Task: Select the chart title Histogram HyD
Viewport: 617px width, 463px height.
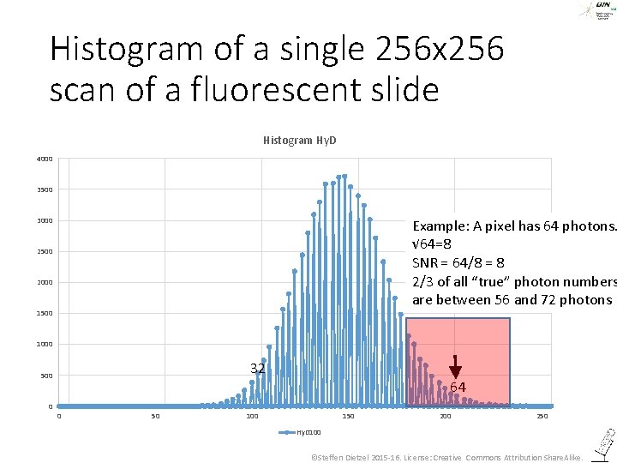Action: pos(299,140)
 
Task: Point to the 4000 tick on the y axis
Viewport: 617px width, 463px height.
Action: pos(45,159)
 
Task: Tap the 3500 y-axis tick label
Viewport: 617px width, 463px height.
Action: pos(45,189)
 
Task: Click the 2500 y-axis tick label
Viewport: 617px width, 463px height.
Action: pos(45,251)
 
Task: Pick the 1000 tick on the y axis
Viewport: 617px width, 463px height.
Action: pos(45,344)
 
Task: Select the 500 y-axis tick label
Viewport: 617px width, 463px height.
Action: pos(46,376)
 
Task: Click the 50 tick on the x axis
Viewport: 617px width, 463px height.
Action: pos(155,416)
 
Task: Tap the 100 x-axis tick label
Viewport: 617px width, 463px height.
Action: pos(252,416)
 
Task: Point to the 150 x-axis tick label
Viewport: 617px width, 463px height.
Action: pos(348,416)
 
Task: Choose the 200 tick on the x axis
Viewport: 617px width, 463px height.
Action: pos(445,416)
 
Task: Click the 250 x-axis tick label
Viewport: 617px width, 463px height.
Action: pos(542,416)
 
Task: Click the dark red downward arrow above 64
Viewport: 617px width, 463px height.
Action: pos(455,366)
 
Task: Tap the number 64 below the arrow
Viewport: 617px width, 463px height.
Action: pos(458,388)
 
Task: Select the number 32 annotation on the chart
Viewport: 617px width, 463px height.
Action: pos(257,369)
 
